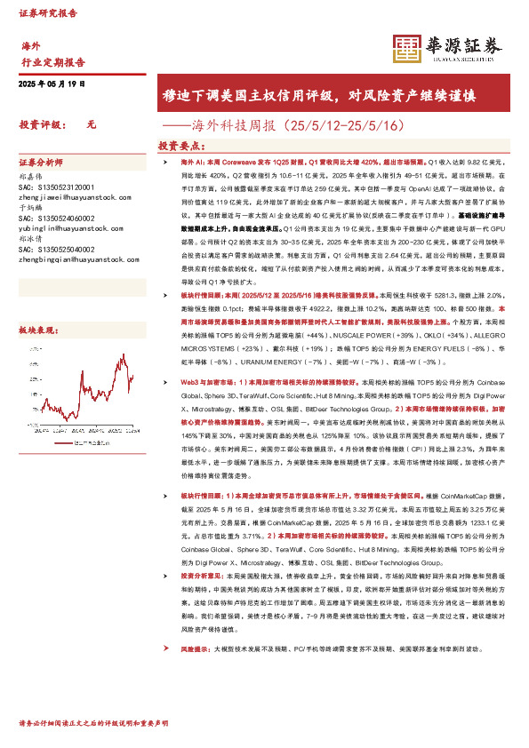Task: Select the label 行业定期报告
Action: [52, 62]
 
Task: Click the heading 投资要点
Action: [183, 145]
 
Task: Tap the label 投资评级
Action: [41, 125]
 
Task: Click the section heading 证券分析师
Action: [41, 163]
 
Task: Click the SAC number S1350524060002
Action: [58, 219]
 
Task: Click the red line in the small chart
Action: [130, 378]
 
